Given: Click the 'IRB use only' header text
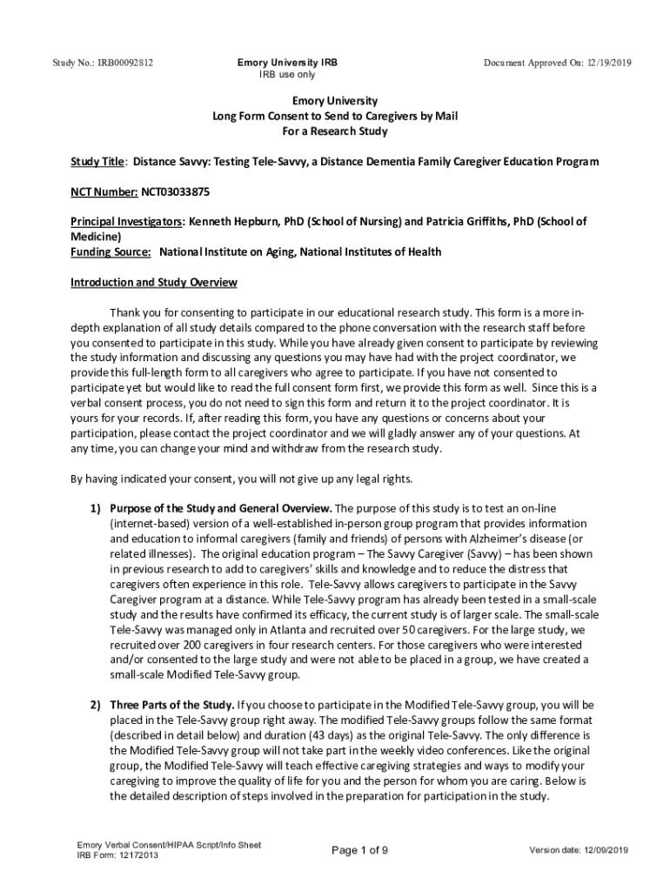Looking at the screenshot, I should (287, 76).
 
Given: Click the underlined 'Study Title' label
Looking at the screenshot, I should (97, 162).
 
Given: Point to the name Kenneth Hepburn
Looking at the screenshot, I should (231, 222).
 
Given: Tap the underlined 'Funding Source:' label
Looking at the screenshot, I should (111, 252).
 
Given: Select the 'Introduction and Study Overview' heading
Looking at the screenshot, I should (153, 283).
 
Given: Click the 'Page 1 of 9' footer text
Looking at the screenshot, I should (359, 850).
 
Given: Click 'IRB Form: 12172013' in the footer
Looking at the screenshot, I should (117, 855).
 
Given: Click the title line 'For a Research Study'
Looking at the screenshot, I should (334, 131).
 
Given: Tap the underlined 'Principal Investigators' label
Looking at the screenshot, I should (125, 222).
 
